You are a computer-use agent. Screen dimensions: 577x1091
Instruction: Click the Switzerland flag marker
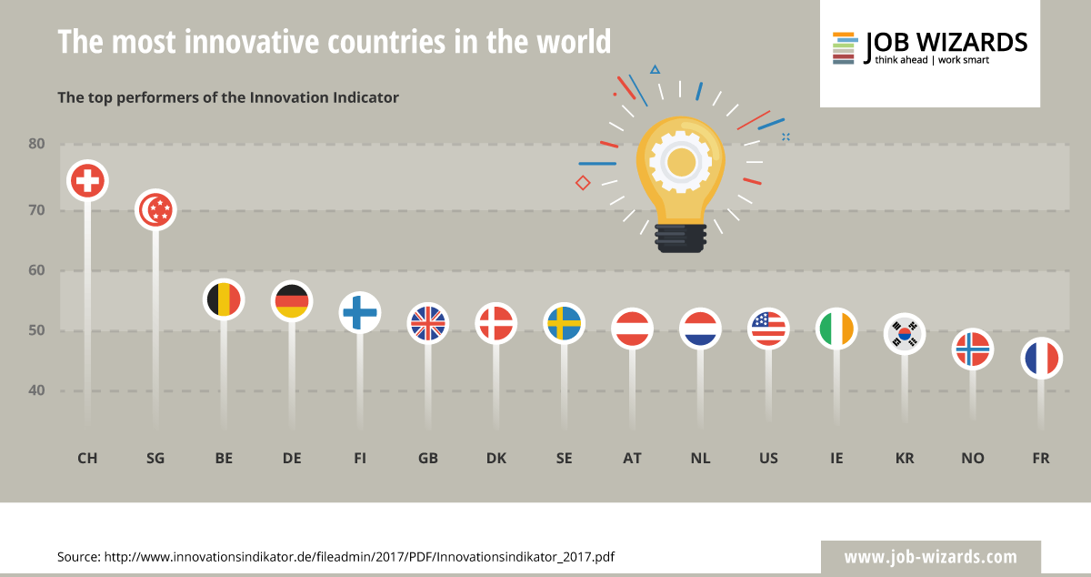click(x=88, y=181)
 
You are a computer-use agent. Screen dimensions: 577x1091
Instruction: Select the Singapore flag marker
click(x=155, y=210)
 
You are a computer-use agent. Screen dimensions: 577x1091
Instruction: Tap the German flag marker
click(x=292, y=300)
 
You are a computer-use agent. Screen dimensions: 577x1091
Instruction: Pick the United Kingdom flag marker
click(x=428, y=322)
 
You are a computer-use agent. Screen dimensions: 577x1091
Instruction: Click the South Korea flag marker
click(x=905, y=333)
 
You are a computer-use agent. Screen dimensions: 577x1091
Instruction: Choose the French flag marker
click(x=1041, y=358)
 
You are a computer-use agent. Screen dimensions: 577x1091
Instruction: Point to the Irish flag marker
click(x=836, y=328)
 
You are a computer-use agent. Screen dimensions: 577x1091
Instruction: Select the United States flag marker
click(x=768, y=328)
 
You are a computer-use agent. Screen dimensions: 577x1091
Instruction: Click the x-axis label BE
click(x=224, y=459)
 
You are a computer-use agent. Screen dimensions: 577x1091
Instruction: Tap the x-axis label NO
click(x=973, y=459)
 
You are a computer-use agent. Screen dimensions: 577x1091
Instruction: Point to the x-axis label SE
click(x=564, y=459)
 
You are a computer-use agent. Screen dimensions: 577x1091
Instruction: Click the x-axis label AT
click(x=632, y=459)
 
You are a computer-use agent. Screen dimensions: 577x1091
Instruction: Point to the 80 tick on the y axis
click(x=36, y=144)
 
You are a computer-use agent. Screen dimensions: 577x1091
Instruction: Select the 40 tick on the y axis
click(x=36, y=391)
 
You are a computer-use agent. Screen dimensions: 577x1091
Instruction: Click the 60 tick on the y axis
click(x=36, y=270)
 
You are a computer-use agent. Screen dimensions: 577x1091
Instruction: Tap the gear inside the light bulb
click(x=680, y=162)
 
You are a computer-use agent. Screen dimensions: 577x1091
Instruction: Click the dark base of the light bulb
click(x=680, y=238)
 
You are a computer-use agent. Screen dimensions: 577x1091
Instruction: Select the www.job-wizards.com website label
click(x=930, y=557)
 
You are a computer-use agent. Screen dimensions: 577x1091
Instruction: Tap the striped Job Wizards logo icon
click(x=844, y=48)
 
